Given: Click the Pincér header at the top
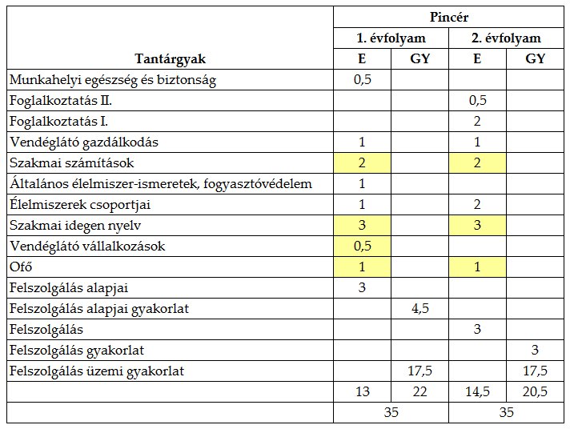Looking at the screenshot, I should [x=448, y=16].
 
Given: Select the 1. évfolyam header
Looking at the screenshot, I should [x=391, y=38].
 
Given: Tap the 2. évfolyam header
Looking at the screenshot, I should [x=506, y=38].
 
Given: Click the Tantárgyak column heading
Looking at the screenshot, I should [x=170, y=58].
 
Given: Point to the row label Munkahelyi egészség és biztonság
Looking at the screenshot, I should [x=113, y=80].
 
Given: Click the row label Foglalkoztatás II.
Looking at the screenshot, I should [x=61, y=101].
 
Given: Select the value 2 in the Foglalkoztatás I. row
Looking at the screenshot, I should [x=477, y=122].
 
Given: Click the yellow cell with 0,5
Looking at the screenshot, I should [x=362, y=246].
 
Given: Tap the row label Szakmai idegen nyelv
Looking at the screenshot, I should [x=74, y=225].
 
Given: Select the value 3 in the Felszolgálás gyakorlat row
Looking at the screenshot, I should [x=535, y=350].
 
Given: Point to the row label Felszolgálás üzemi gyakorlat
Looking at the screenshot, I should [x=96, y=371].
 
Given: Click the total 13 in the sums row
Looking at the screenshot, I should [x=362, y=391].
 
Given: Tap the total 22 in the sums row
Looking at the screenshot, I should [x=420, y=391].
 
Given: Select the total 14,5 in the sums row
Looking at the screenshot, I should [x=477, y=391].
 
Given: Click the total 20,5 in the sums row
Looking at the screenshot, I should [x=535, y=391].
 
